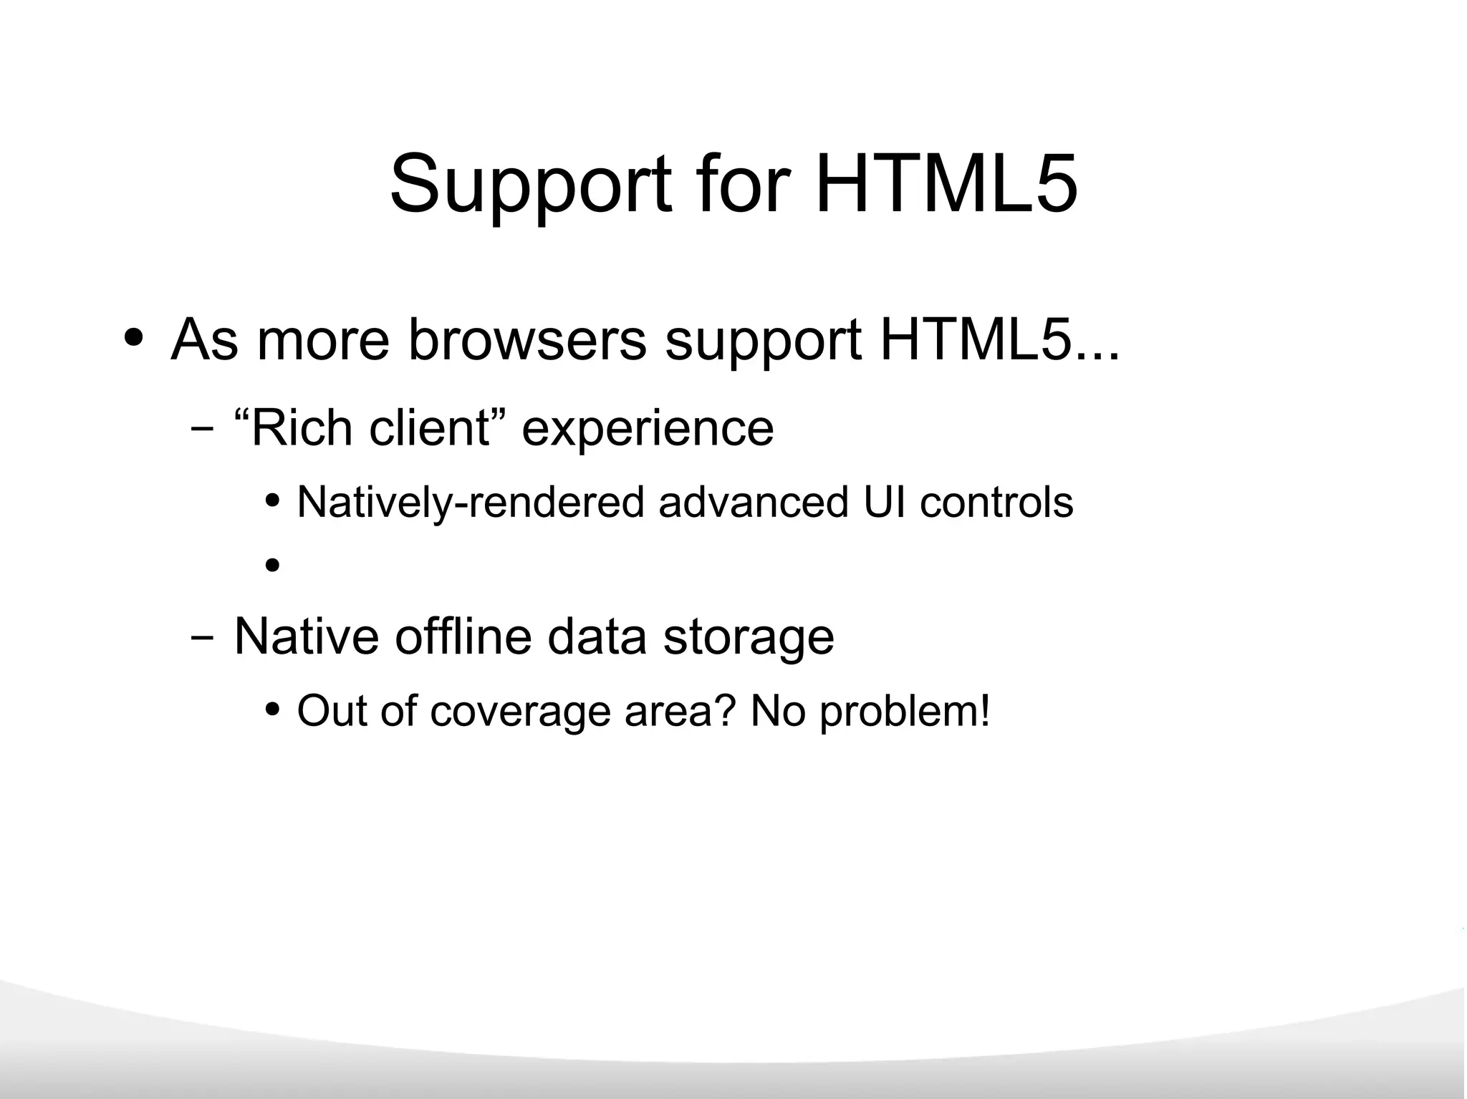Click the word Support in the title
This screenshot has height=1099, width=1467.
click(x=530, y=185)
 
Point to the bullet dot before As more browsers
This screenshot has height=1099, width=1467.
click(x=134, y=337)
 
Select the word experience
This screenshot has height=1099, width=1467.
click(x=648, y=430)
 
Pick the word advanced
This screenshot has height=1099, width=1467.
click(x=753, y=503)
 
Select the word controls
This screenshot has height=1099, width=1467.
click(x=996, y=503)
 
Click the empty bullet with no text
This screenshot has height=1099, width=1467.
click(x=272, y=566)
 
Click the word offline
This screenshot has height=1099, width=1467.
click(x=463, y=636)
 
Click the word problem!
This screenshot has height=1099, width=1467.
click(x=905, y=712)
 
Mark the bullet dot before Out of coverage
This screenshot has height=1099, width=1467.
click(x=272, y=710)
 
